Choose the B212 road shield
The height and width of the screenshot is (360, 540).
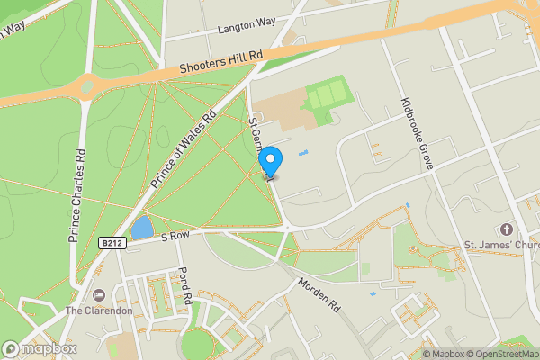[x=111, y=243]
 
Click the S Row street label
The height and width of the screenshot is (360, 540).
[x=176, y=236]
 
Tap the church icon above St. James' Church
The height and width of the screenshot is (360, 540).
[x=507, y=229]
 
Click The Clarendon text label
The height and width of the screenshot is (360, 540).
[x=100, y=310]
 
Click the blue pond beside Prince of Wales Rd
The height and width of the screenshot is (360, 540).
[x=141, y=227]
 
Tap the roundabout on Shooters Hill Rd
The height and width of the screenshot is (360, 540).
[x=88, y=87]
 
